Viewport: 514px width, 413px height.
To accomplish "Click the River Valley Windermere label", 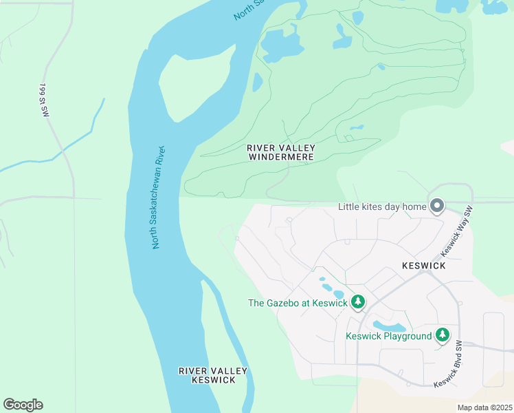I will [x=280, y=152].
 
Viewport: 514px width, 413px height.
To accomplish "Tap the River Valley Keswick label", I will [x=212, y=375].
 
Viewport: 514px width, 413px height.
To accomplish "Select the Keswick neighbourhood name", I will [x=424, y=265].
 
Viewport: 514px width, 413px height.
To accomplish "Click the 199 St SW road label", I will [x=43, y=100].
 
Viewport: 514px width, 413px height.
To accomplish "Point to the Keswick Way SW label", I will [x=467, y=229].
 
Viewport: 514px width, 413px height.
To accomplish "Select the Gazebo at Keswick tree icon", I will [x=357, y=302].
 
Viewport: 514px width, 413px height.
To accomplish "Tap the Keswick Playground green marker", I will [x=443, y=336].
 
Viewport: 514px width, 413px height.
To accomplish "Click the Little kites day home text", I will [x=382, y=206].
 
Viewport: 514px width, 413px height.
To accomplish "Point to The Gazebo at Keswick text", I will [x=298, y=303].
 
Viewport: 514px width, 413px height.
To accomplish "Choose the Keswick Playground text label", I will [x=388, y=337].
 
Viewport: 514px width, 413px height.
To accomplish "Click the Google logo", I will [x=23, y=405].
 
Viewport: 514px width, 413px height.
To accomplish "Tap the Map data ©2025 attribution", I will [x=484, y=407].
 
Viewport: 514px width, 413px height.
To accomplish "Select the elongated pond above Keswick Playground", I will [x=388, y=326].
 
